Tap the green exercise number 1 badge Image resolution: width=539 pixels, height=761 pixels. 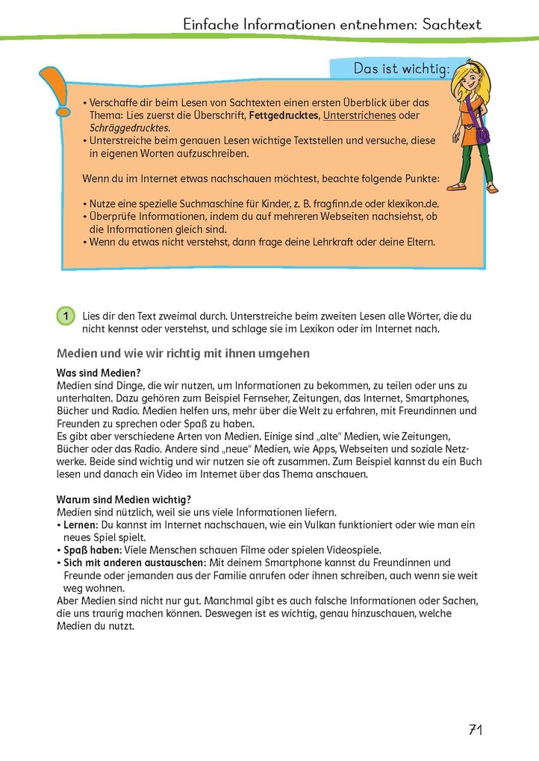pyautogui.click(x=66, y=316)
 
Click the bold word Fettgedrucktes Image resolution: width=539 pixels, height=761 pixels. pyautogui.click(x=284, y=116)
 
